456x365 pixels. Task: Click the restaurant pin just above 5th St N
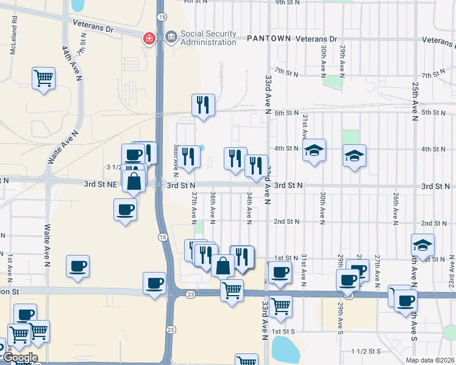[x=203, y=105]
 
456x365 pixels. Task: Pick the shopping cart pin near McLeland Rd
[x=43, y=78]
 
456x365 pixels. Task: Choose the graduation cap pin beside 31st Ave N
[x=315, y=150]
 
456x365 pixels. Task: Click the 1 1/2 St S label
[x=366, y=352]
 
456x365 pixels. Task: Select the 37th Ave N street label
[x=194, y=206]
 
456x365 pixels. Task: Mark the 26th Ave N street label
[x=396, y=206]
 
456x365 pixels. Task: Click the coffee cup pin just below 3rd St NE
[x=125, y=210]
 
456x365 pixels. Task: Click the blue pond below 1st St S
[x=283, y=349]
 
